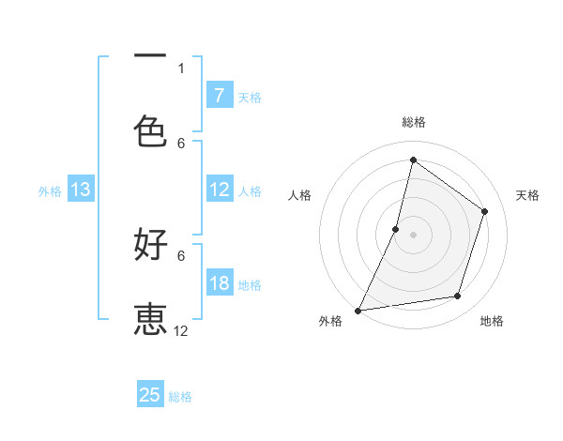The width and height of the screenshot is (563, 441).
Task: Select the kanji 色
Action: point(150,130)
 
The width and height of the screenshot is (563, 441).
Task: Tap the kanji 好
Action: point(150,245)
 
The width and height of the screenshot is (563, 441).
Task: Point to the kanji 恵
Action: point(150,318)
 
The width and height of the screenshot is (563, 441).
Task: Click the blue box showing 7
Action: point(219,95)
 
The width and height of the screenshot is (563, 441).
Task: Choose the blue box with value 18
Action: point(219,283)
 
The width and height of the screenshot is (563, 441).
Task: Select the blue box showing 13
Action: point(80,190)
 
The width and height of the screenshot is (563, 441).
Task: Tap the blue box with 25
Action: point(150,395)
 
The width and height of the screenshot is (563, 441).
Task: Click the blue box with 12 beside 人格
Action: point(219,190)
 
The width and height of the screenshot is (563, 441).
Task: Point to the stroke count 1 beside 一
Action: point(181,68)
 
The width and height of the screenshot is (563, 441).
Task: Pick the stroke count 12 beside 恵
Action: point(181,330)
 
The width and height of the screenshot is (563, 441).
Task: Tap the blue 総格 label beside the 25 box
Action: point(180,397)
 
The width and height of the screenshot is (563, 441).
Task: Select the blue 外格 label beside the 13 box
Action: point(50,191)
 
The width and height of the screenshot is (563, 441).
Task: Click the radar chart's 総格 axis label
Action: point(414,122)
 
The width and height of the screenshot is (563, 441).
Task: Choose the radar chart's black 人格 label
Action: point(299,195)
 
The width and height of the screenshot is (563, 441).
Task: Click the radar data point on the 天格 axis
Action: point(485,211)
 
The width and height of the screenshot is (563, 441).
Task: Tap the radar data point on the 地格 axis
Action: point(458,297)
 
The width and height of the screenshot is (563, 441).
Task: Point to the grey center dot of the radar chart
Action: point(414,234)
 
